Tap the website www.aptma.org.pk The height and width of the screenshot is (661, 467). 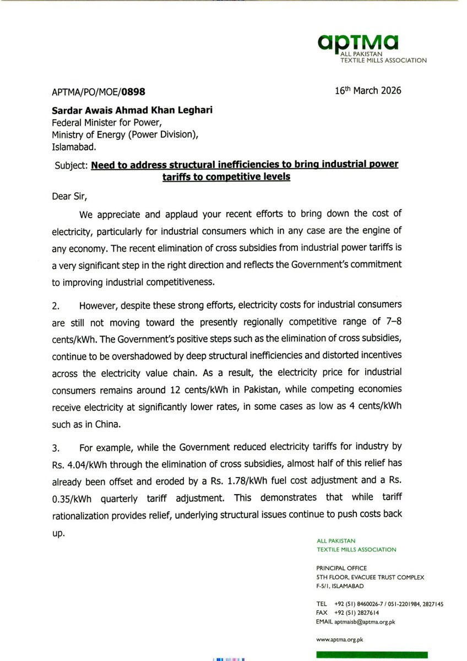340,640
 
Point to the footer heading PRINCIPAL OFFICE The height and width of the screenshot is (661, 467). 341,568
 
